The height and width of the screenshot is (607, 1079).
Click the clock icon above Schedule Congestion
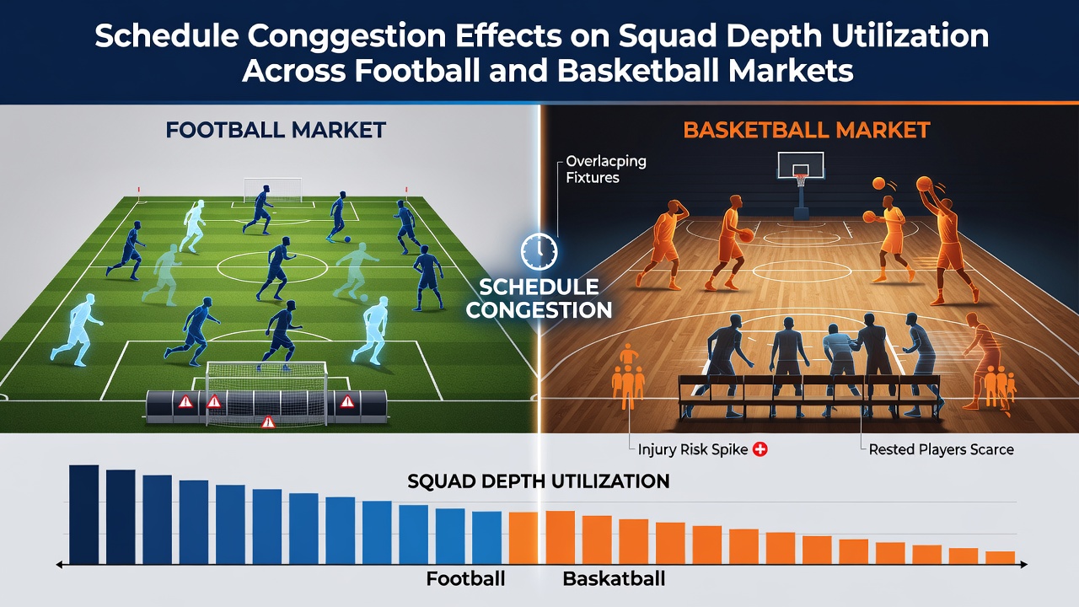[x=539, y=251]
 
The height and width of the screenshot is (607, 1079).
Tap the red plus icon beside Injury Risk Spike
[x=760, y=449]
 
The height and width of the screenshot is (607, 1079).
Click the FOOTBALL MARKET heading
[x=276, y=130]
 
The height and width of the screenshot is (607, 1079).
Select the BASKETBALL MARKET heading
[x=807, y=130]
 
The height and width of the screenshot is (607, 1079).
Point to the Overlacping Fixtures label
[x=606, y=169]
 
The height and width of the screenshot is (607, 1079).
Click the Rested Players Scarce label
[x=942, y=449]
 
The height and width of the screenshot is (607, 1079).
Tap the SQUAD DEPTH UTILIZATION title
[x=539, y=481]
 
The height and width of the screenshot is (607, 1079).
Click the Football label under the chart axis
[x=465, y=578]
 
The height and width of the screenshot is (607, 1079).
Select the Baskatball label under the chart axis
[x=614, y=578]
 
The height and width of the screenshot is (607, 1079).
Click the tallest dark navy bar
[x=84, y=514]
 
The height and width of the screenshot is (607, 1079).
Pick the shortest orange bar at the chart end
[x=1001, y=558]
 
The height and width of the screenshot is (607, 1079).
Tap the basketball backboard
[x=800, y=165]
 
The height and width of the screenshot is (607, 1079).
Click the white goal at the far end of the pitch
[x=272, y=190]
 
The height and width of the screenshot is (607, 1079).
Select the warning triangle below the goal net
[x=268, y=422]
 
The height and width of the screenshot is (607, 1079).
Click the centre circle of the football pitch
[x=272, y=266]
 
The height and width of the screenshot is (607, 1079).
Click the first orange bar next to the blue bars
[x=523, y=538]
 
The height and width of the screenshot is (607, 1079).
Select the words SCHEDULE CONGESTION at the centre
[x=539, y=298]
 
